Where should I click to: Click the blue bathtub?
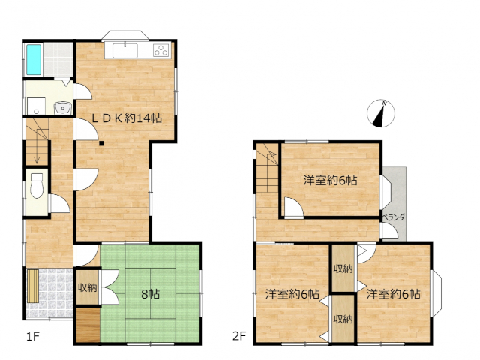click(x=34, y=60)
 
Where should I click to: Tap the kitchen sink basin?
click(x=125, y=51)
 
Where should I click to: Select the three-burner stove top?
click(x=161, y=50)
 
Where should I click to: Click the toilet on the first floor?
click(x=37, y=185)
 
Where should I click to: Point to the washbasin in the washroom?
click(x=63, y=108)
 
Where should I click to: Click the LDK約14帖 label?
click(x=127, y=118)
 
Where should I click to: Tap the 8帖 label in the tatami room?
click(x=150, y=294)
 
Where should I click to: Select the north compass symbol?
click(x=381, y=113)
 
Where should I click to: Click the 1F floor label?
click(x=33, y=337)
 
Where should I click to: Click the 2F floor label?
click(x=239, y=336)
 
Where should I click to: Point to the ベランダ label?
click(x=394, y=217)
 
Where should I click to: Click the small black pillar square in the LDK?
click(x=101, y=143)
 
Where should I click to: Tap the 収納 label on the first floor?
click(x=87, y=287)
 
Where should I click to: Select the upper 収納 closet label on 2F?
click(x=343, y=268)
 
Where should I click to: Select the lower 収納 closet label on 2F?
click(x=343, y=319)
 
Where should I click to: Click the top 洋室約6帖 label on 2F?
click(x=330, y=180)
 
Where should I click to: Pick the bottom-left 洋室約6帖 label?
click(x=292, y=294)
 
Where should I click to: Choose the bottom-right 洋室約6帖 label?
click(x=393, y=294)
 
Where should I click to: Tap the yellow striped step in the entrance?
click(x=33, y=286)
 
